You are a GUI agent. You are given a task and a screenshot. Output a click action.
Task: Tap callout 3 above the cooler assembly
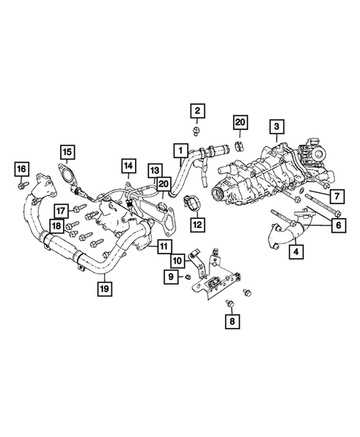coord(275,127)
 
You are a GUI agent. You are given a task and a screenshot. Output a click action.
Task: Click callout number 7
coord(336,196)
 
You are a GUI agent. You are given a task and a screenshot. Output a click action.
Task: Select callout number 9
coord(171,277)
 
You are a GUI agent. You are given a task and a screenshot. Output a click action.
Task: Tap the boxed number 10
coord(178,260)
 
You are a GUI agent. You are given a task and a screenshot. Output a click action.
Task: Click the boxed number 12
coord(197,222)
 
